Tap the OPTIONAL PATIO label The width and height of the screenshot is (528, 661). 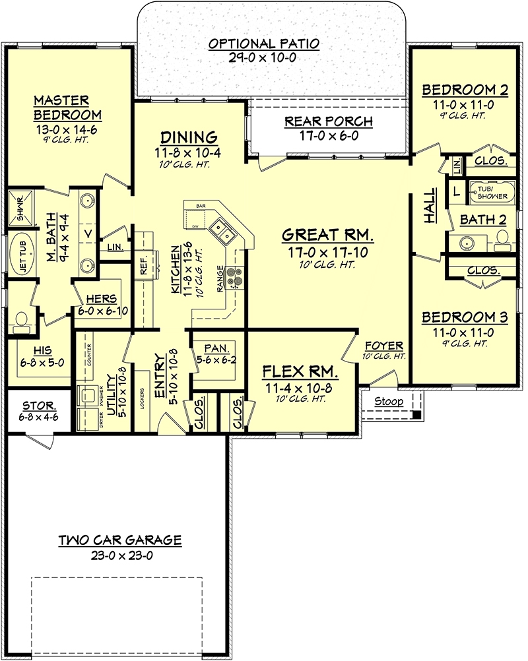pyautogui.click(x=264, y=44)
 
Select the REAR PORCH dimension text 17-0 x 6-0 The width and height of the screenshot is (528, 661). pyautogui.click(x=328, y=137)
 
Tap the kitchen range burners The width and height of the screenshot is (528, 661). pyautogui.click(x=234, y=279)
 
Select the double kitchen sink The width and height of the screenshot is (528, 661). pyautogui.click(x=220, y=233)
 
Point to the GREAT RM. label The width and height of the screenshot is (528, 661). pyautogui.click(x=328, y=234)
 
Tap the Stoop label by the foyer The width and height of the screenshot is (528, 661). pyautogui.click(x=389, y=401)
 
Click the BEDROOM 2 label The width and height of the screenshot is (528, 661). pyautogui.click(x=465, y=89)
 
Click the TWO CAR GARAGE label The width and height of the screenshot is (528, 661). pyautogui.click(x=119, y=540)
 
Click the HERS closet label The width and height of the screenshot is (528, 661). pyautogui.click(x=95, y=298)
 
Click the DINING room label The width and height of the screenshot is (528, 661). pyautogui.click(x=189, y=137)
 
